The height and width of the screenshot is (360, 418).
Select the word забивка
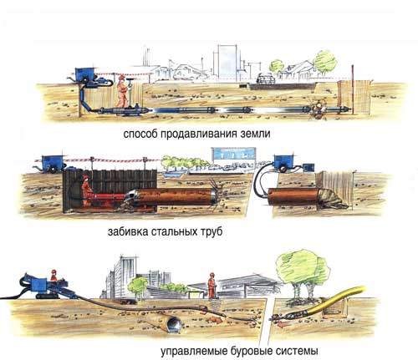[x=128, y=231]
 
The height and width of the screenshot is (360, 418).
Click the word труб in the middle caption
[x=212, y=232]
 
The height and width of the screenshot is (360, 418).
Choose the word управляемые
[x=194, y=351]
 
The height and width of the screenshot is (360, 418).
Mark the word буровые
[x=252, y=351]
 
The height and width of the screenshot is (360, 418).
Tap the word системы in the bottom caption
[x=297, y=351]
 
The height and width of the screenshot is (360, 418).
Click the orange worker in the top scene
[x=122, y=91]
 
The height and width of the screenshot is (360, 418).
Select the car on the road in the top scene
[x=265, y=79]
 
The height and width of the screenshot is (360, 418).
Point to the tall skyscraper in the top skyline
[x=227, y=62]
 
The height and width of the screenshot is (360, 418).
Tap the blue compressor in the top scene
[x=84, y=74]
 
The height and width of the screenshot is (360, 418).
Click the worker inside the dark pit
[x=87, y=190]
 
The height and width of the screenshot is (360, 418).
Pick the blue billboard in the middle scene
[x=233, y=154]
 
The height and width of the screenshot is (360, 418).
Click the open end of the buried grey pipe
[x=174, y=324]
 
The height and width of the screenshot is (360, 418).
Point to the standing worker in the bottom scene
[x=212, y=285]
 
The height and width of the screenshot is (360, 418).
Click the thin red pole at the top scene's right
[x=353, y=89]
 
